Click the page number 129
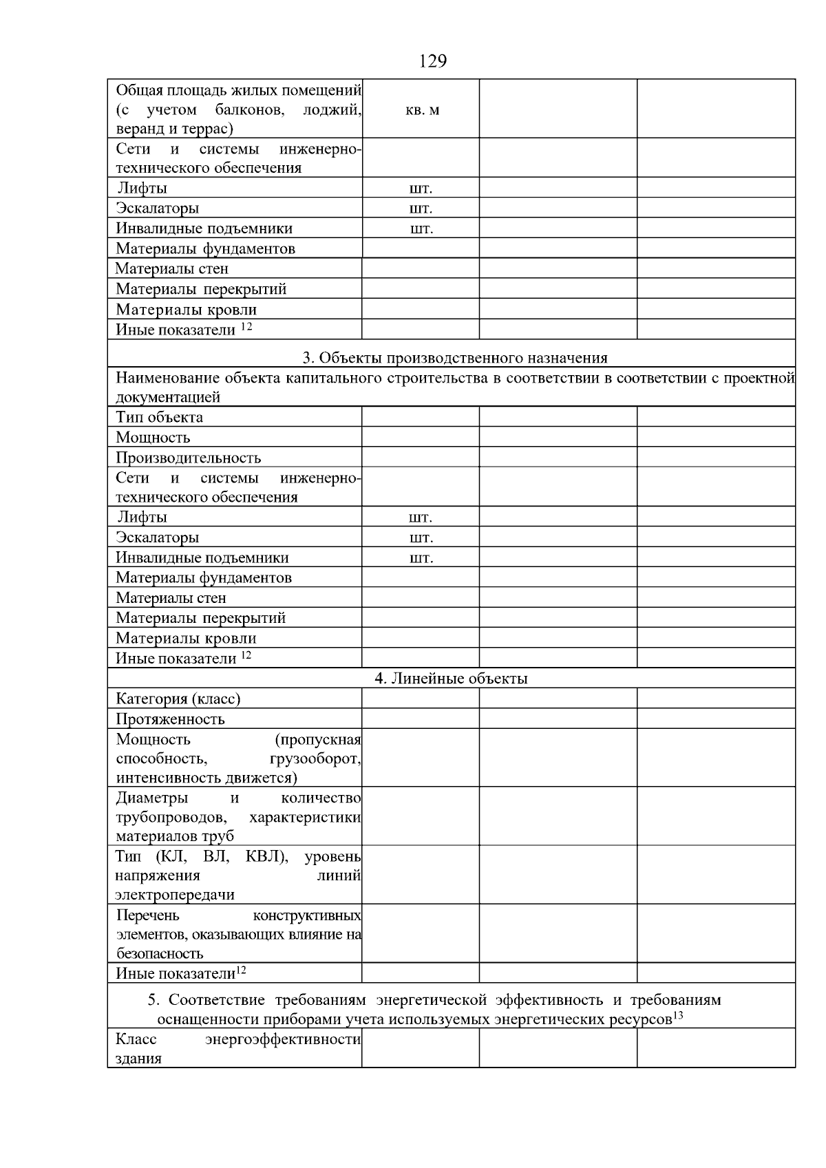433,61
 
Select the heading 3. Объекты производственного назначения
455,357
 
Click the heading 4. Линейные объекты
451,679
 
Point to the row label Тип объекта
159,417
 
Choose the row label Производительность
188,458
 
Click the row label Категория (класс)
178,699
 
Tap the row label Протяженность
170,719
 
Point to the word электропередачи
175,895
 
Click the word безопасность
159,954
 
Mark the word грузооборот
315,759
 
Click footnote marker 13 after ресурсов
677,1015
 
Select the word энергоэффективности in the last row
283,1039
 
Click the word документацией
168,397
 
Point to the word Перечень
147,915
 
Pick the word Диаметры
151,798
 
